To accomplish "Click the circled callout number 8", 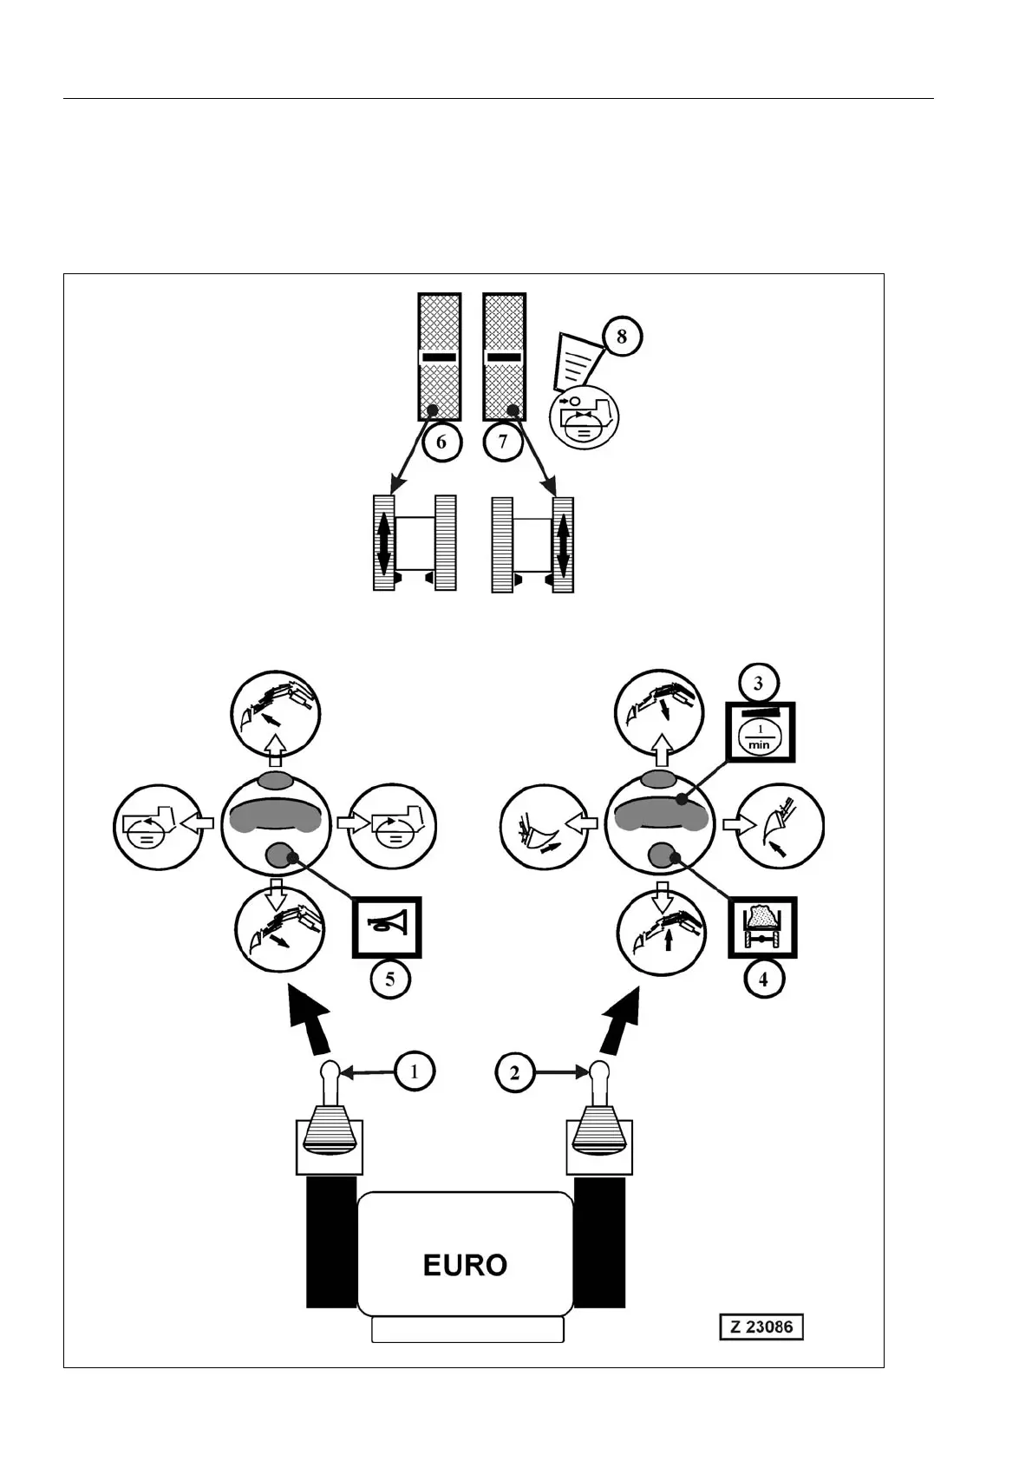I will tap(621, 335).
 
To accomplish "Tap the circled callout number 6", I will tap(441, 442).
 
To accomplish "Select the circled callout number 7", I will tap(503, 442).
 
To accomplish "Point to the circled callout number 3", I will tap(758, 683).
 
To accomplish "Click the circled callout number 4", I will tap(763, 979).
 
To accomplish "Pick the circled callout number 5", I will tap(390, 979).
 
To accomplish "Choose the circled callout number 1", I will tap(415, 1071).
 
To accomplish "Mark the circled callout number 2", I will tap(515, 1072).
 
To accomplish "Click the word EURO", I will tap(465, 1265).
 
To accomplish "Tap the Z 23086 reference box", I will tap(761, 1327).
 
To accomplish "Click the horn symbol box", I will tap(387, 927).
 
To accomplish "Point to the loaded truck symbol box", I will tap(762, 927).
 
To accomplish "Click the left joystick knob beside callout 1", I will tap(330, 1072).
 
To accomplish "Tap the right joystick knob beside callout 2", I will tap(599, 1072).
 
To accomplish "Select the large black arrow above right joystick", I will tap(621, 1019).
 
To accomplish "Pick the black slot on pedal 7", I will tap(504, 357).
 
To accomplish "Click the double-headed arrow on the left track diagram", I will tap(383, 544).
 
